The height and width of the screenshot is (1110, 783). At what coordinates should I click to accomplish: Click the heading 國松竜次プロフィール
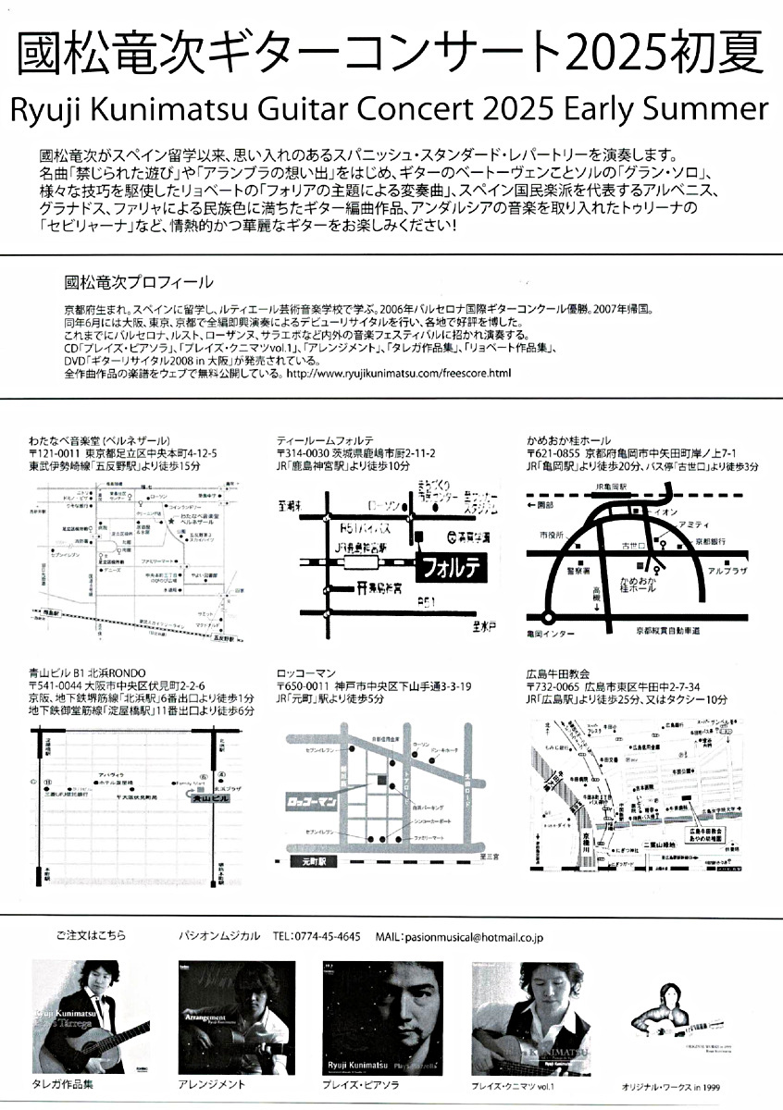(x=139, y=282)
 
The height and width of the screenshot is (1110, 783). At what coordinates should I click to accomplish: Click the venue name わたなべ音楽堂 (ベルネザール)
(x=91, y=439)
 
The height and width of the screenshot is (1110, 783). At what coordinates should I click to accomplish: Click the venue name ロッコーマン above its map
(x=305, y=672)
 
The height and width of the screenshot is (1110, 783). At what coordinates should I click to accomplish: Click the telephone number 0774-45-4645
(x=329, y=937)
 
